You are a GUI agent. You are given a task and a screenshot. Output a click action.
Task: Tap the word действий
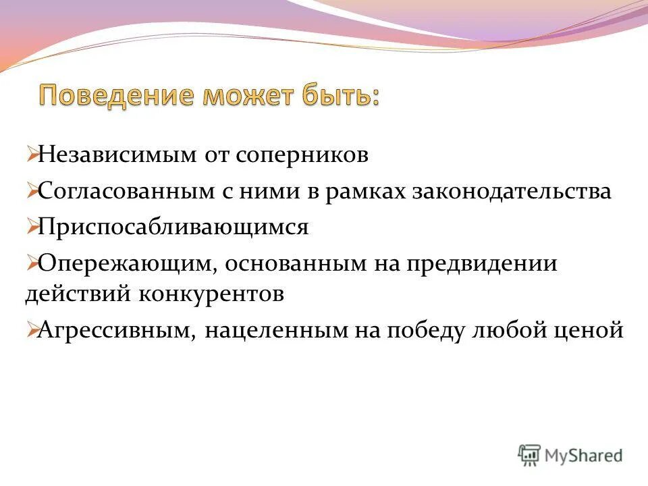pyautogui.click(x=80, y=294)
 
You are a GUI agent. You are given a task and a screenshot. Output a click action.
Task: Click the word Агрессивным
pyautogui.click(x=115, y=330)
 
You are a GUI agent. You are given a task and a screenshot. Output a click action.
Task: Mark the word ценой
pyautogui.click(x=587, y=330)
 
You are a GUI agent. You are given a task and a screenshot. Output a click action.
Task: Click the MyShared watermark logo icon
pyautogui.click(x=530, y=455)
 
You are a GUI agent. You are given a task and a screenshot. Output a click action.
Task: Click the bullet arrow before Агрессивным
pyautogui.click(x=32, y=331)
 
